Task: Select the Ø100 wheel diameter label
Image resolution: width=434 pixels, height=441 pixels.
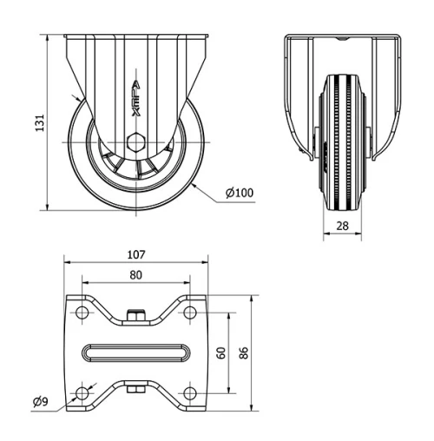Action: tap(240, 193)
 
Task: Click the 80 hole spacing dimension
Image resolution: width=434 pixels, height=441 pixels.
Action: tap(135, 275)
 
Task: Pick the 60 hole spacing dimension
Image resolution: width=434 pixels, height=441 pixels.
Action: tap(222, 352)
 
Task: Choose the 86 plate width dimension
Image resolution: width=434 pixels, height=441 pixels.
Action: tap(245, 352)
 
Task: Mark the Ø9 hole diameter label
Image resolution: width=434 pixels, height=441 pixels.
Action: tap(39, 401)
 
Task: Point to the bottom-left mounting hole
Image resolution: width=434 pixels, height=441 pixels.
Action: tap(82, 393)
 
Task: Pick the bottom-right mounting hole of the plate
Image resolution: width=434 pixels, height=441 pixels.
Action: tap(189, 393)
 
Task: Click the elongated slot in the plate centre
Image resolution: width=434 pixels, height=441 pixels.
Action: tap(135, 352)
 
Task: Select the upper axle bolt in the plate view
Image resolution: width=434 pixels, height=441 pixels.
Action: tap(135, 314)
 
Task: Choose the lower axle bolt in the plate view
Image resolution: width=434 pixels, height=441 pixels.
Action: tap(135, 390)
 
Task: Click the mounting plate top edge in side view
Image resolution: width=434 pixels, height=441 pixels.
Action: tap(135, 35)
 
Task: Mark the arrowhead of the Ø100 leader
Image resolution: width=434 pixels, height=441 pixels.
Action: tap(196, 184)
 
